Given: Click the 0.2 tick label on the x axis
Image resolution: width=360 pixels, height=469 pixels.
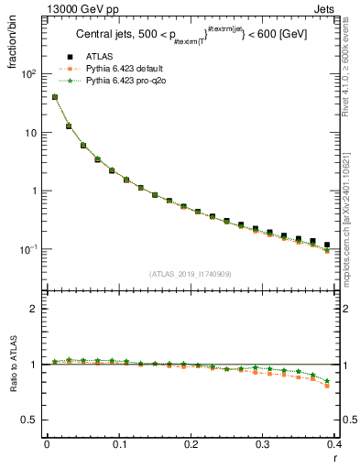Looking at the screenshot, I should [191, 444].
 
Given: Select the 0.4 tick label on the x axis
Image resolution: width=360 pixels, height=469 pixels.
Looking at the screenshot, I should [334, 444].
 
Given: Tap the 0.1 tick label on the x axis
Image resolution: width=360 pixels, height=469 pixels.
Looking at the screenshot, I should [118, 444].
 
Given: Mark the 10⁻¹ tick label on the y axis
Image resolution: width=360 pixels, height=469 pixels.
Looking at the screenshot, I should [30, 249].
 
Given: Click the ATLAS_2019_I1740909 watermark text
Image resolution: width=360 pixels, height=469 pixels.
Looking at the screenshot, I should [191, 274].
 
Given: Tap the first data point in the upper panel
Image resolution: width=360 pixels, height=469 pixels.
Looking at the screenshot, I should [54, 97].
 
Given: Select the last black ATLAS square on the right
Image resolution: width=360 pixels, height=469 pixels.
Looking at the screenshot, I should [327, 245].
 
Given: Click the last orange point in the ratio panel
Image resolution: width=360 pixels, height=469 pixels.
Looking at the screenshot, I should [327, 386].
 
